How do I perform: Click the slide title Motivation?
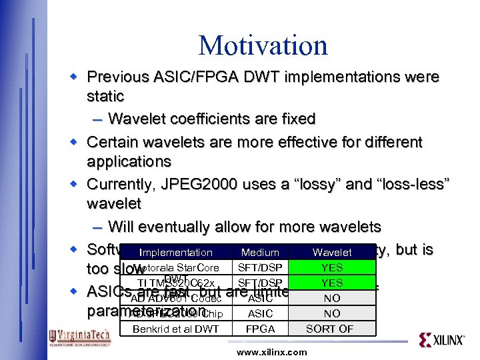(x=263, y=45)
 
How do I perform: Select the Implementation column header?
(x=175, y=253)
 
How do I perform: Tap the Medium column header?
(x=260, y=253)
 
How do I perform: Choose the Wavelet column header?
(x=332, y=253)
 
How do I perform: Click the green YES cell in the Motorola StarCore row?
(x=332, y=267)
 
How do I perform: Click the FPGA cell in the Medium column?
(x=260, y=329)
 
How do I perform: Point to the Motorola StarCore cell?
(x=175, y=268)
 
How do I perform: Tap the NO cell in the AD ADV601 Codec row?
(x=332, y=298)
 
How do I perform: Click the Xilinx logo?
(x=441, y=339)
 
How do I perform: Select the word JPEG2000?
(x=207, y=183)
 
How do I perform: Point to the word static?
(x=105, y=96)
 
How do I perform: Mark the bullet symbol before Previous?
(x=77, y=77)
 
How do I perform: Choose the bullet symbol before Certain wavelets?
(x=77, y=142)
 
